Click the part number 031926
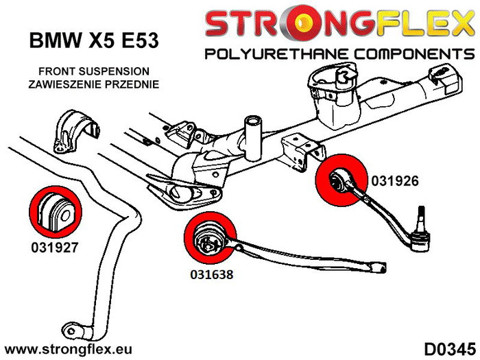(394, 182)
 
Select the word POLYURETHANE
(271, 54)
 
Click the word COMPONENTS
(405, 54)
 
